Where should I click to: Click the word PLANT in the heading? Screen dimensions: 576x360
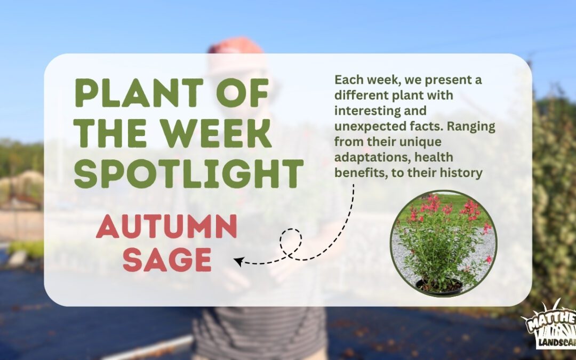[139, 93]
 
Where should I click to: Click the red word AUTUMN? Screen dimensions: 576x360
[166, 226]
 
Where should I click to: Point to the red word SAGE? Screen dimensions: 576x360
[167, 259]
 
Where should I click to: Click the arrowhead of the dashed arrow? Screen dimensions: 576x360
[238, 261]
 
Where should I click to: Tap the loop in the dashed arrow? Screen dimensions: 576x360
[291, 242]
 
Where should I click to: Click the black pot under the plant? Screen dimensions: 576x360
[439, 286]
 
